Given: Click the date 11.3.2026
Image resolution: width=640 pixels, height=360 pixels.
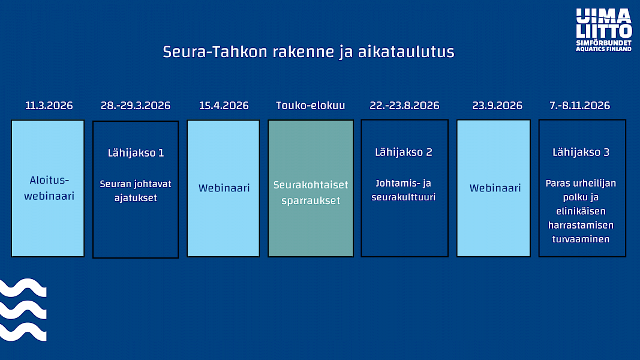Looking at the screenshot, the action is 49,106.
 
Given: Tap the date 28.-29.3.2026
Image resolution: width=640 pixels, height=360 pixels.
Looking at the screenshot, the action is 136,106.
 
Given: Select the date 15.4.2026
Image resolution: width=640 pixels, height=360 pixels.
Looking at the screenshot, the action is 224,106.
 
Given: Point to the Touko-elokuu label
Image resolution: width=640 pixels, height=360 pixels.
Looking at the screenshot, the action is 311,106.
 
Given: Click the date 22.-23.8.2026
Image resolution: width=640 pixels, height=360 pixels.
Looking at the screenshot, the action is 404,106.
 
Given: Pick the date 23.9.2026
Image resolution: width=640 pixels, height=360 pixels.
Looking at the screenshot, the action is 497,106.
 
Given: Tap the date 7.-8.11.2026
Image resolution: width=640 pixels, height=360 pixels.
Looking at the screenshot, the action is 579,106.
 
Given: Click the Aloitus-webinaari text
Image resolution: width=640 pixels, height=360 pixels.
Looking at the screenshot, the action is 49,188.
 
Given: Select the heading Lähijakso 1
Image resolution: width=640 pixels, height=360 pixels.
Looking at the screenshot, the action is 136,152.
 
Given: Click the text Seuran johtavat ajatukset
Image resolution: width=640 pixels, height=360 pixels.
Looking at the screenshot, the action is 136,191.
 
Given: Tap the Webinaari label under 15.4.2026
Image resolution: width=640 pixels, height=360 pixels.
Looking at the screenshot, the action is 224,188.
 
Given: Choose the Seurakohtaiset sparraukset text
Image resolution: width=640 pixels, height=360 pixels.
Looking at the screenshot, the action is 311,193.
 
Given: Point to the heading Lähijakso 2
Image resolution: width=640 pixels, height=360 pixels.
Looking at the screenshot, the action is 404,152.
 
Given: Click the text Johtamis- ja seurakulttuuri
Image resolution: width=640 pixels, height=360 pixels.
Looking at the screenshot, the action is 403,190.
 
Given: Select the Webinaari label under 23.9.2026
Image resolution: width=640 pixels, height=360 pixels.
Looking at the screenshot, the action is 495,188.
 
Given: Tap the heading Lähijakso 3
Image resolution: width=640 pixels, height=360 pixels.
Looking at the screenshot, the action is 581,152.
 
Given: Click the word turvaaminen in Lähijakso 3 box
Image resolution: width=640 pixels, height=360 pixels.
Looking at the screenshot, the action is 581,239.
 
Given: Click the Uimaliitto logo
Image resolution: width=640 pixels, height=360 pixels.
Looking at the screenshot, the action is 603,30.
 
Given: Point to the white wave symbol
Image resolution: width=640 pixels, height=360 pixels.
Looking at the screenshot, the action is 23,310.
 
